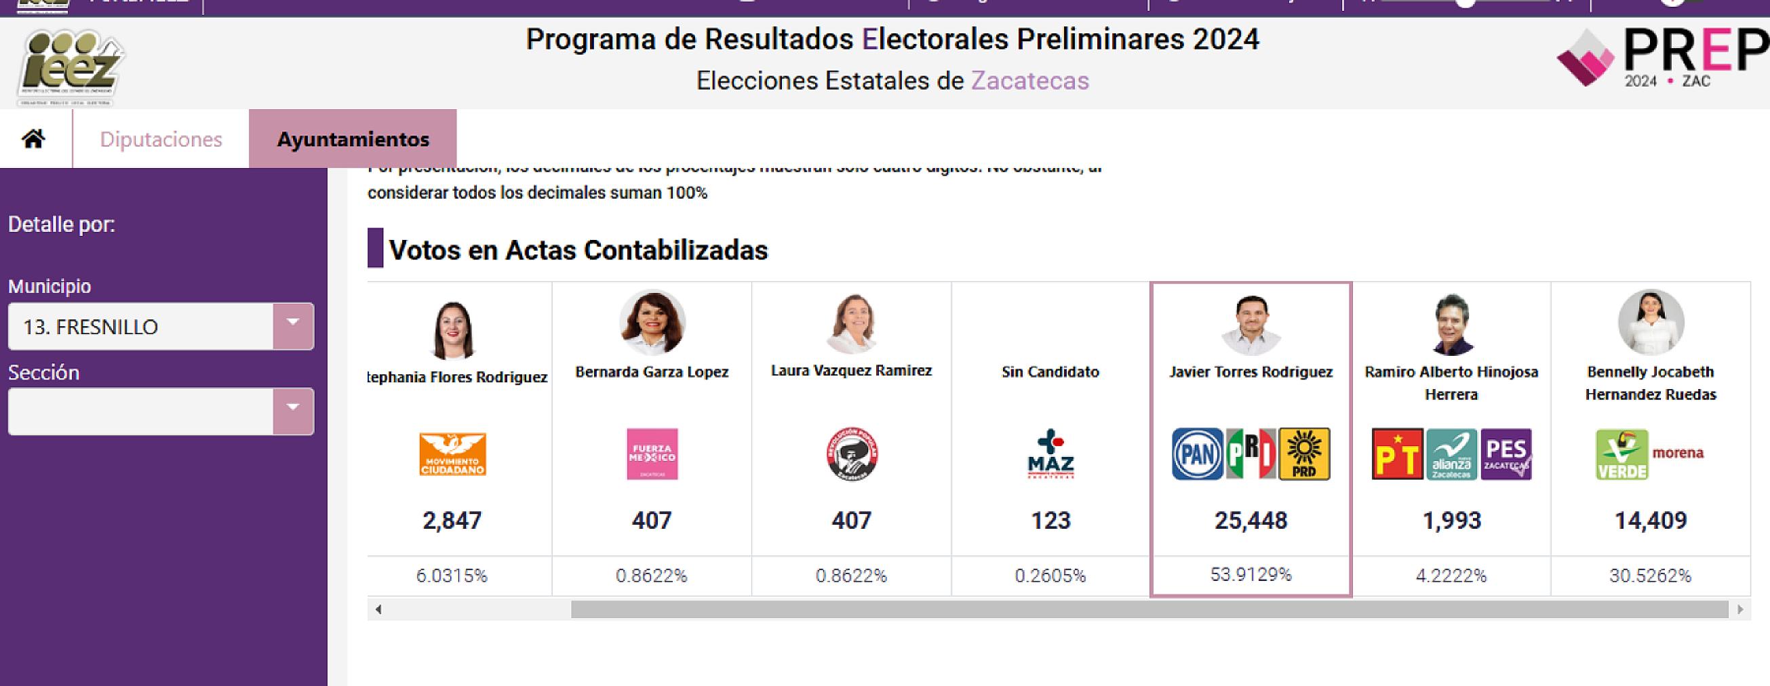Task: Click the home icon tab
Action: coord(33,139)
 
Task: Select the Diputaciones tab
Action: coord(161,140)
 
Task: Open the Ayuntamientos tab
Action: coord(353,140)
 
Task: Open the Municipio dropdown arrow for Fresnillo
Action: coord(293,326)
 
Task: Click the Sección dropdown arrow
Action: coord(293,411)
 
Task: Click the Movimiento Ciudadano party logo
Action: coord(452,454)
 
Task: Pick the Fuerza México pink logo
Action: coord(652,454)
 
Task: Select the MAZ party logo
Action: coord(1050,454)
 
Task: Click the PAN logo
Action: coord(1197,454)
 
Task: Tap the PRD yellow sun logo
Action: coord(1303,454)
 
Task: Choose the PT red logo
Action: coord(1397,454)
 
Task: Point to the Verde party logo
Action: coord(1621,454)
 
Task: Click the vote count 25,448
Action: coord(1251,521)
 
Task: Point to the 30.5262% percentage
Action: coord(1650,576)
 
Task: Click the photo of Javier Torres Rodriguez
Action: coord(1251,324)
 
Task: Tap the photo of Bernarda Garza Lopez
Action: coord(652,323)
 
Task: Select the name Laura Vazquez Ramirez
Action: coord(850,371)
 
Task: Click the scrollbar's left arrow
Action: coord(378,609)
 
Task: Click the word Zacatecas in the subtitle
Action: coord(1029,81)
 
